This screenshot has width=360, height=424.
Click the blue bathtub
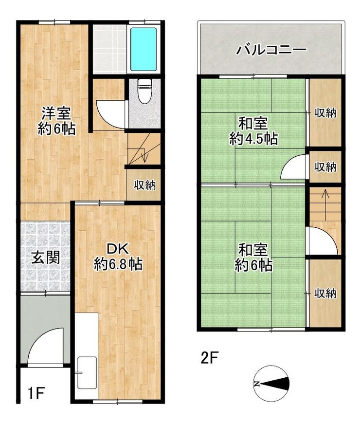pyautogui.click(x=144, y=49)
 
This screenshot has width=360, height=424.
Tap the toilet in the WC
pyautogui.click(x=144, y=91)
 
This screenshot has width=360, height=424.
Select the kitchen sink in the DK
pyautogui.click(x=87, y=372)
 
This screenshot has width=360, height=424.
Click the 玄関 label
pyautogui.click(x=45, y=258)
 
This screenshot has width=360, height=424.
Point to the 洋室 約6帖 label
pyautogui.click(x=56, y=121)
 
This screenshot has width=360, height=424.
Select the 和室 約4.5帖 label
pyautogui.click(x=253, y=131)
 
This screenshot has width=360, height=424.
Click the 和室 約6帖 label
pyautogui.click(x=253, y=258)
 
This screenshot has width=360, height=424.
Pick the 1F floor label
pyautogui.click(x=36, y=393)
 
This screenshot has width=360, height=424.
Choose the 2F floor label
pyautogui.click(x=210, y=358)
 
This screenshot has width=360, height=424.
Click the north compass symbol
pyautogui.click(x=271, y=384)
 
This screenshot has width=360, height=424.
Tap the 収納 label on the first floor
pyautogui.click(x=145, y=185)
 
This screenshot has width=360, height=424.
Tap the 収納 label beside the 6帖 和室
pyautogui.click(x=325, y=293)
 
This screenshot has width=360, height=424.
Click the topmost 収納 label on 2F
pyautogui.click(x=325, y=112)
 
